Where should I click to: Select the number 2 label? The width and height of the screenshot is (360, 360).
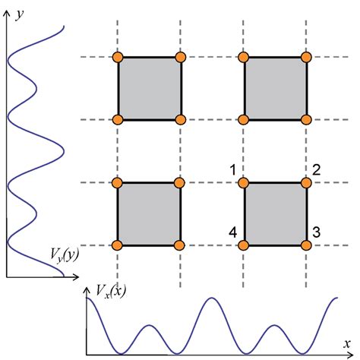tap(317, 169)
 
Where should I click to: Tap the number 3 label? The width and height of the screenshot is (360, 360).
tap(317, 230)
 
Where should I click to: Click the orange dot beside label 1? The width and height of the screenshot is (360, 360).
tap(244, 182)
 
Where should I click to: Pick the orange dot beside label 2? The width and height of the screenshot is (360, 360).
tap(307, 182)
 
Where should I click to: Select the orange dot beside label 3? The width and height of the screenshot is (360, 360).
tap(307, 245)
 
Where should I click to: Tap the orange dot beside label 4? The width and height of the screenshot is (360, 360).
tap(244, 245)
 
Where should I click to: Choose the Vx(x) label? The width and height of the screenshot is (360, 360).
tap(110, 290)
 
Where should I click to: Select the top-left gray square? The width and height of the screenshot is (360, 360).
tap(149, 88)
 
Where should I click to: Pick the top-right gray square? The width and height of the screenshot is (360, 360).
tap(276, 88)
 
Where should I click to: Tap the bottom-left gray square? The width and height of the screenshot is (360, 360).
tap(149, 213)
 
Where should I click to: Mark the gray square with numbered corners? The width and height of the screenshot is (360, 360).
tap(276, 213)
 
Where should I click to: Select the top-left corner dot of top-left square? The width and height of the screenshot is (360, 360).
tap(118, 57)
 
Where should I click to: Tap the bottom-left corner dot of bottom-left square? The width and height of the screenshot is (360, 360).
tap(118, 245)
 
